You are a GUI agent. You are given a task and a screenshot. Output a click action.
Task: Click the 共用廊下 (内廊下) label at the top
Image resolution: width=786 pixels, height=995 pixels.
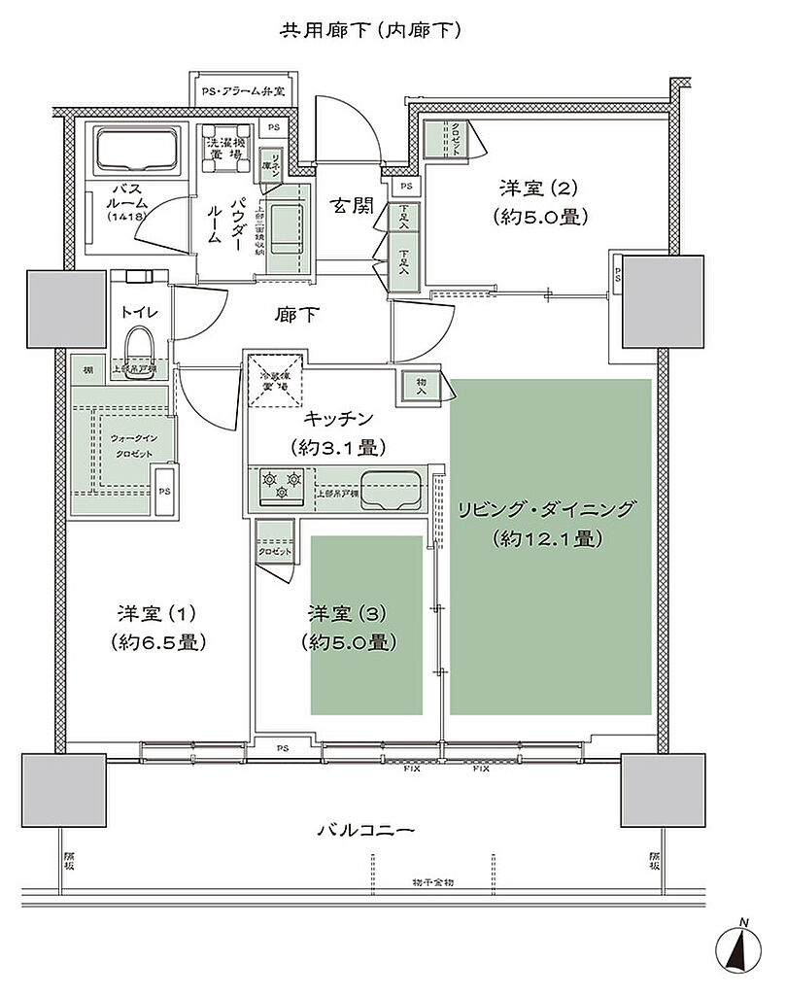(x=370, y=30)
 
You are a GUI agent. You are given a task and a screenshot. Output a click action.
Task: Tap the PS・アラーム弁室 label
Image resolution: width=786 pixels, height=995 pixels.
(x=243, y=91)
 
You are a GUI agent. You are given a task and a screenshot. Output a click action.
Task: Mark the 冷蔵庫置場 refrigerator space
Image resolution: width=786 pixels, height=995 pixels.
(x=274, y=381)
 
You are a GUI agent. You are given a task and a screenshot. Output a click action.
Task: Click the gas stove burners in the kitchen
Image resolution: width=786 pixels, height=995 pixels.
(x=282, y=485)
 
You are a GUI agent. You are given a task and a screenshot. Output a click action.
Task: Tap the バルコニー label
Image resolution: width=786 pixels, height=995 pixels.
(x=367, y=832)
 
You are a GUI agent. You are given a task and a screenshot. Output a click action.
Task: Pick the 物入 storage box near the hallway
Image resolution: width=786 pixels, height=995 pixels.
(x=419, y=387)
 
